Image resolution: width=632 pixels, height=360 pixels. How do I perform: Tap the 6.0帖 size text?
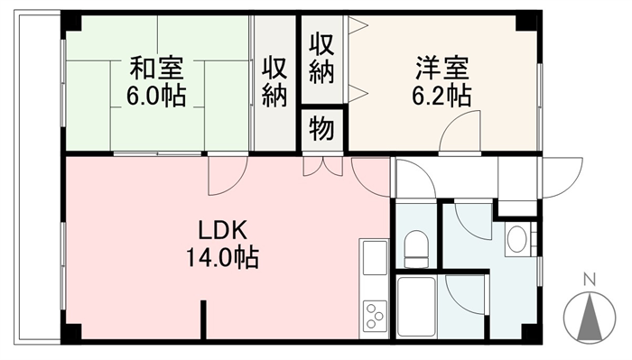[156, 96]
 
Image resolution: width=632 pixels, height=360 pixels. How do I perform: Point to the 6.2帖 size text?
[441, 96]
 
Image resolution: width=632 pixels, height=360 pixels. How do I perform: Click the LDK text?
[222, 230]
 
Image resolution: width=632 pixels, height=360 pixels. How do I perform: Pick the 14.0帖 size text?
[222, 258]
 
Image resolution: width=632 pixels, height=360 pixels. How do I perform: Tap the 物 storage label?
[321, 129]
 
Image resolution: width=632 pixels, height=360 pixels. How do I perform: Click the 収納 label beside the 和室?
[274, 82]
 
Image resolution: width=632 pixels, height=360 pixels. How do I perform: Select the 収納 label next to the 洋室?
[321, 59]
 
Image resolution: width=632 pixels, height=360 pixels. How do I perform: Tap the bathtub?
[416, 307]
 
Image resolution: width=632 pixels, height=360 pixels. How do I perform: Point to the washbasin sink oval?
[516, 239]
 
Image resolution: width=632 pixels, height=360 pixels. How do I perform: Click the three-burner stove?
[375, 315]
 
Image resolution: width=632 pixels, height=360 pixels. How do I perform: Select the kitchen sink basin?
[375, 257]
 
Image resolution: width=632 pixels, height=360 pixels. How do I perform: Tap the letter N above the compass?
[590, 280]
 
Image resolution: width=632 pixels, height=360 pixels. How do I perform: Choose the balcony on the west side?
[37, 177]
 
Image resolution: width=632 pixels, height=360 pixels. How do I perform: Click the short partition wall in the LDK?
[203, 319]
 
